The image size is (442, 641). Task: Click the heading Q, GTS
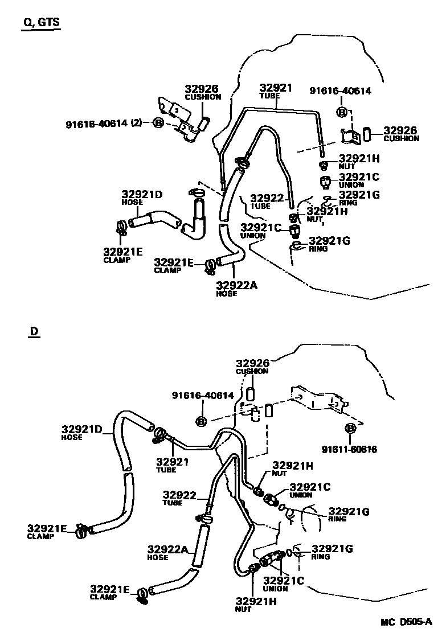[x=40, y=23]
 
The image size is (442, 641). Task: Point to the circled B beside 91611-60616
[x=351, y=429]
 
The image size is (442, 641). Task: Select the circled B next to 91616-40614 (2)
[x=158, y=122]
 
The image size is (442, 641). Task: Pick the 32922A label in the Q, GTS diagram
[x=236, y=286]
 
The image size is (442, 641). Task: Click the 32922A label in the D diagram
[x=167, y=549]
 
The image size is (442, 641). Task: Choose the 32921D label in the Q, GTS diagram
[x=142, y=194]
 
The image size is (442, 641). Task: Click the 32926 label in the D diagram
[x=252, y=363]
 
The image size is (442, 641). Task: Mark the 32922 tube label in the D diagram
[x=179, y=495]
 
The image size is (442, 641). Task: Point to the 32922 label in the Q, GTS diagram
[x=267, y=198]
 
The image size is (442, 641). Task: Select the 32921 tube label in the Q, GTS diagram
[x=276, y=88]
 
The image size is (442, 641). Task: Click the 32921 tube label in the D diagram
[x=172, y=462]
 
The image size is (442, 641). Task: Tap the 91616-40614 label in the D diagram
[x=203, y=396]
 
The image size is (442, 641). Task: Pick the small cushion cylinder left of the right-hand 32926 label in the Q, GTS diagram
[x=367, y=135]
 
